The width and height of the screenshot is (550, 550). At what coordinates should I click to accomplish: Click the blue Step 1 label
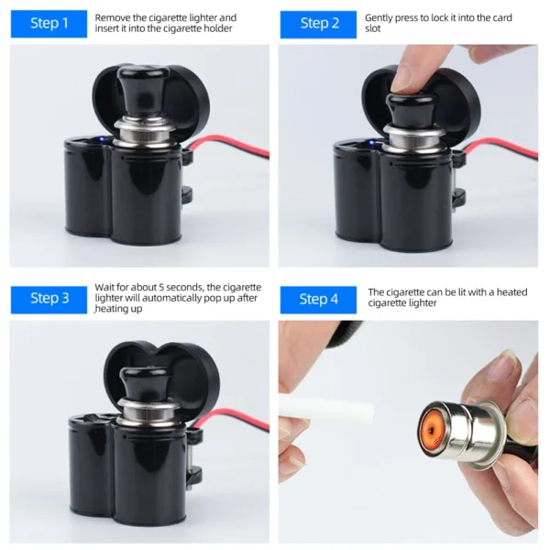point(49,24)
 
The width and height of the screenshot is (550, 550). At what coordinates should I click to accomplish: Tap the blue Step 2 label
point(318,24)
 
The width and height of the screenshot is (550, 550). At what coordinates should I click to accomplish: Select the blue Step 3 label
point(49,300)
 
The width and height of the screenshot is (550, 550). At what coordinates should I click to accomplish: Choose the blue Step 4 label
point(318,300)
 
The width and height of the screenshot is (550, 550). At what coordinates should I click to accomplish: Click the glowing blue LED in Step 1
point(102,139)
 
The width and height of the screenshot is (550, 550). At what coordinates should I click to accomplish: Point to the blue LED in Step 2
point(371,142)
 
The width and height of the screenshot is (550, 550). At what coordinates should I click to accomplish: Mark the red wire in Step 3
point(233,417)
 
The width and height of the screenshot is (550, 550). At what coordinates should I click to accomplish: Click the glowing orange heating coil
point(430,428)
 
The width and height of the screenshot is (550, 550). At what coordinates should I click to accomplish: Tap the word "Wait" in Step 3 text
point(104,287)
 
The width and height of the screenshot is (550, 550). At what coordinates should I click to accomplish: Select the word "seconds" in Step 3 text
point(184,288)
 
